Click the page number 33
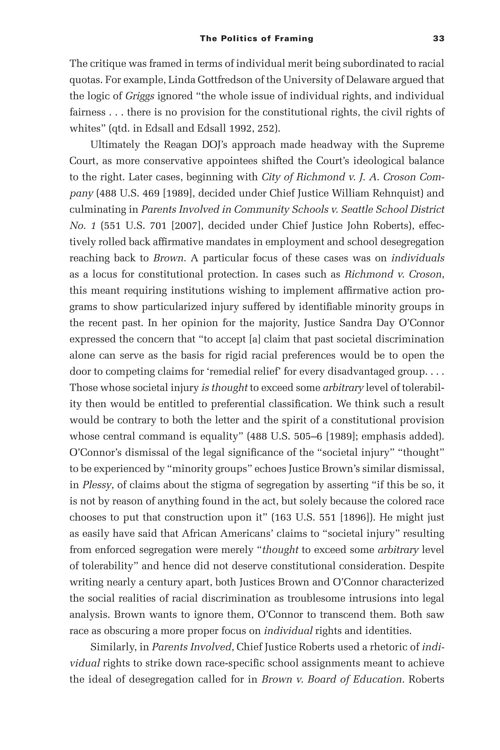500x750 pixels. pos(438,39)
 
